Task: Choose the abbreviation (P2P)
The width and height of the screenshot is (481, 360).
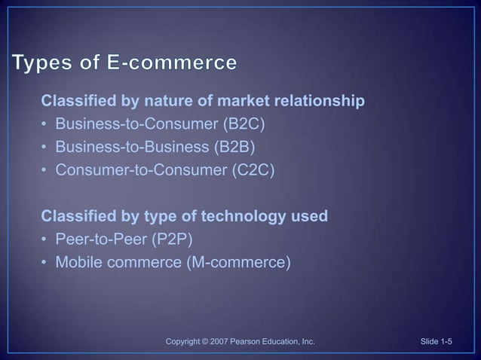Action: [x=178, y=240]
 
